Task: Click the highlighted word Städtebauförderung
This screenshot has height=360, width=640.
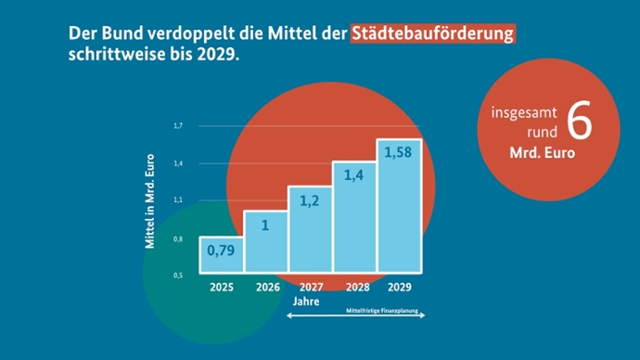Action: (432, 33)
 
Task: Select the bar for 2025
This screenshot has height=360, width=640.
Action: (222, 255)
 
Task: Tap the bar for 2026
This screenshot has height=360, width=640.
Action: (265, 242)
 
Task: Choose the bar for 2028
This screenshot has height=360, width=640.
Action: (354, 218)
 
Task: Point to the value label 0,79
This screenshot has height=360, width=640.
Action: (221, 251)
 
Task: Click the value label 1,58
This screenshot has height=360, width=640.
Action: (399, 152)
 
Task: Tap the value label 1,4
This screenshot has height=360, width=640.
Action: (354, 174)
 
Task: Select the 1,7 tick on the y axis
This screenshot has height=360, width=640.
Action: (178, 125)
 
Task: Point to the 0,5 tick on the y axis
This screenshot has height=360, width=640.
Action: (178, 276)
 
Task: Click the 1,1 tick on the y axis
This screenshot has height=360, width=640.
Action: (178, 200)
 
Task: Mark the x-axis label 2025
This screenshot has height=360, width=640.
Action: (222, 288)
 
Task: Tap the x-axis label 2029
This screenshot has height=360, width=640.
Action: (399, 288)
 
